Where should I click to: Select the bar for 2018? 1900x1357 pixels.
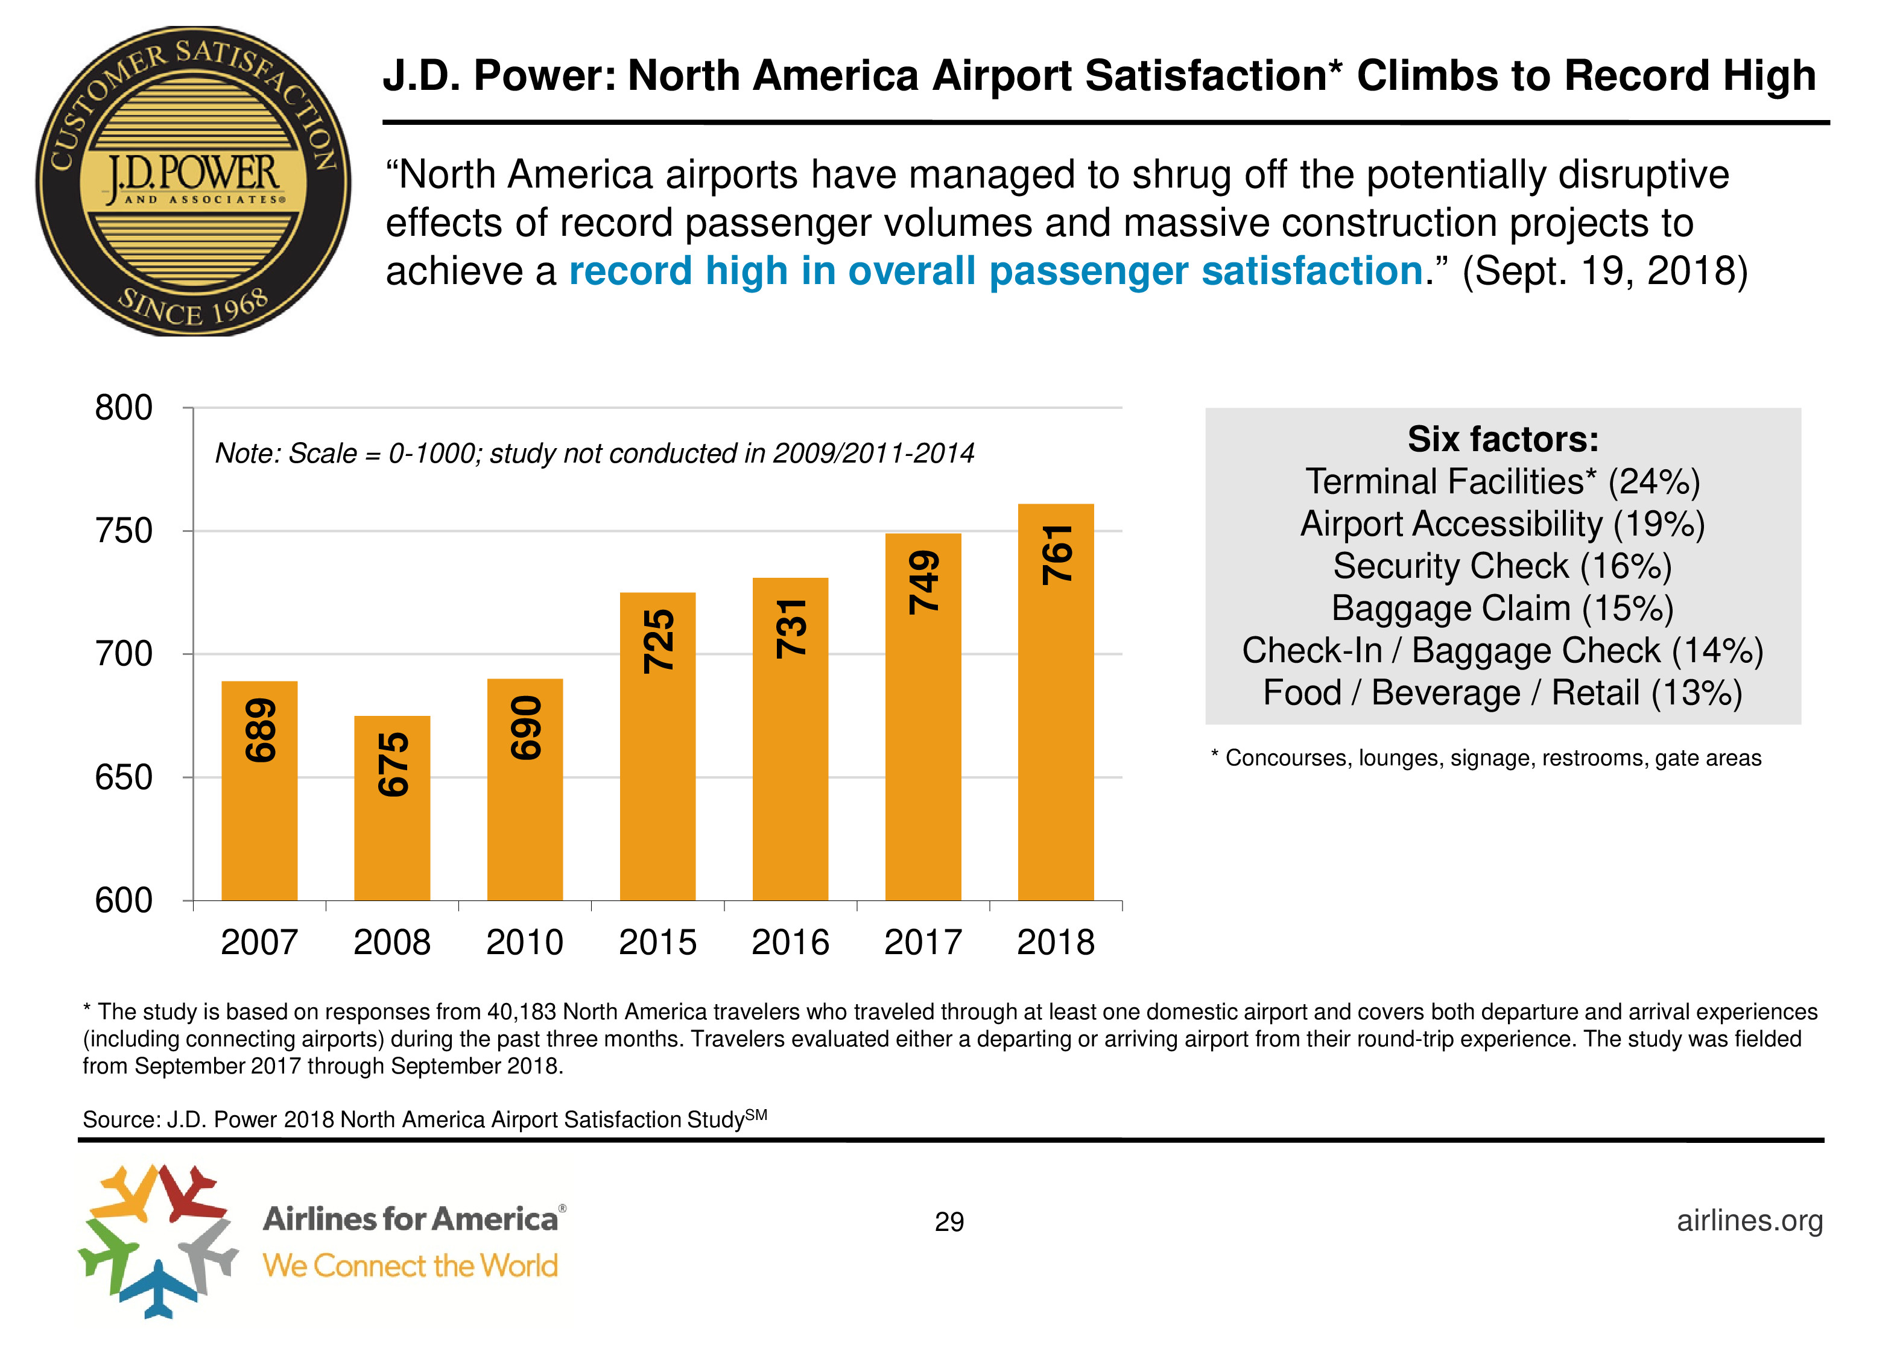tap(1056, 702)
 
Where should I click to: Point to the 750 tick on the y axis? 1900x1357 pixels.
tap(124, 531)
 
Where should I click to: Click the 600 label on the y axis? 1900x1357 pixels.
tap(124, 901)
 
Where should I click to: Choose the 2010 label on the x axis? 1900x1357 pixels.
tap(525, 943)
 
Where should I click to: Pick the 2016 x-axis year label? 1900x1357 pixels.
tap(790, 943)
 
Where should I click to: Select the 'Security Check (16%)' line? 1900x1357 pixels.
tap(1503, 566)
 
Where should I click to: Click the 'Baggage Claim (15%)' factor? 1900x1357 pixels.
tap(1503, 609)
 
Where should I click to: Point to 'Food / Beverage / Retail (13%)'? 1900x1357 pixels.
tap(1503, 693)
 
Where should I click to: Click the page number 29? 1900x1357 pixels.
tap(949, 1222)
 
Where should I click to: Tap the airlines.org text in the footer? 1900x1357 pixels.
tap(1750, 1220)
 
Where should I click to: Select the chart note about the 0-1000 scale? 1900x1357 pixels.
tap(594, 454)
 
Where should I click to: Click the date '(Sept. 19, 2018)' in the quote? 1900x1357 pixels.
tap(1605, 271)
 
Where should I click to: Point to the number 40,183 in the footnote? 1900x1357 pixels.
tap(521, 1012)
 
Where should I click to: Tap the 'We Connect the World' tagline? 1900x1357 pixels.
tap(410, 1265)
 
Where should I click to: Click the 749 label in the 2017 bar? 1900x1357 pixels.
tap(923, 583)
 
